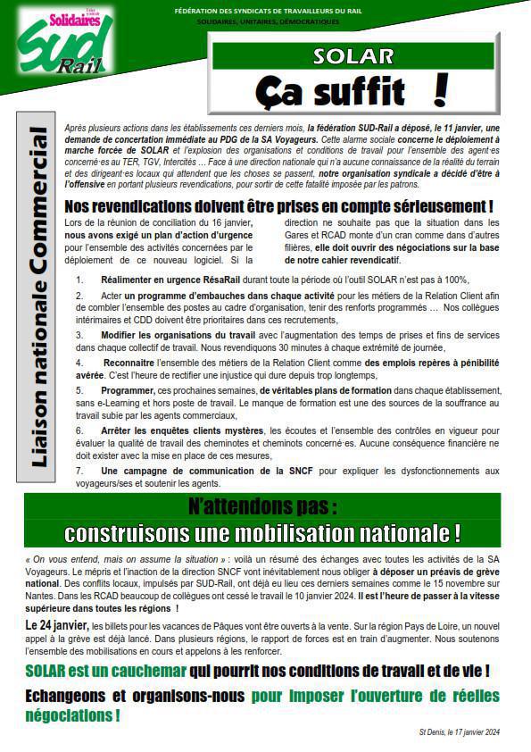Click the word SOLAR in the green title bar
click(x=353, y=56)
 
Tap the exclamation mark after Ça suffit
click(x=438, y=90)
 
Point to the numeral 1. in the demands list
click(x=80, y=280)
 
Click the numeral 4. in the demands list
click(x=80, y=363)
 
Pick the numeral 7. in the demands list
click(x=80, y=470)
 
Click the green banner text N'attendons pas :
click(x=262, y=506)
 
